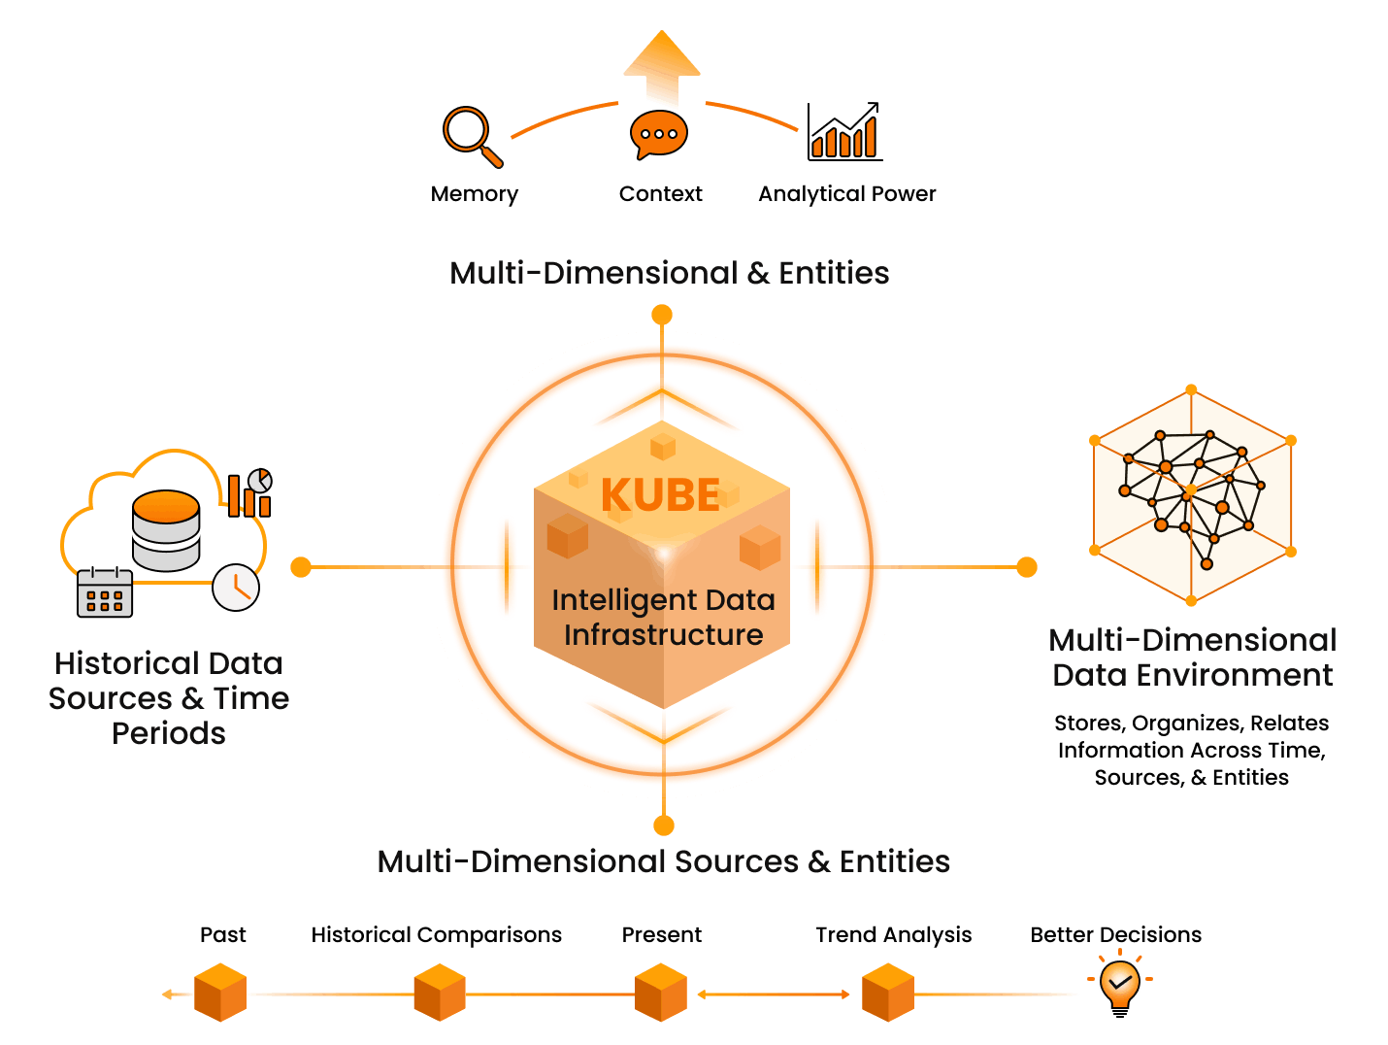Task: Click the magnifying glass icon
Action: tap(470, 133)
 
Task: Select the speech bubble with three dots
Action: tap(659, 134)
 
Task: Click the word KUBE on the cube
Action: tap(660, 495)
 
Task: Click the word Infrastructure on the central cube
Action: tap(664, 635)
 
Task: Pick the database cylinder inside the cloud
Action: tap(166, 529)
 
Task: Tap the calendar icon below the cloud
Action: tap(105, 592)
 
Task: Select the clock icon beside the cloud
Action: tap(236, 587)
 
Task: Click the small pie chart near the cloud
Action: tap(260, 481)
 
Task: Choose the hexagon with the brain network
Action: tap(1192, 495)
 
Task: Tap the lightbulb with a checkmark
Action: tap(1120, 981)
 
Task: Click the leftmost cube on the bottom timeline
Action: tap(220, 993)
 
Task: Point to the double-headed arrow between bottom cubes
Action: tap(774, 994)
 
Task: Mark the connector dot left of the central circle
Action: tap(301, 567)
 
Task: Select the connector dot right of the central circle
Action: tap(1027, 567)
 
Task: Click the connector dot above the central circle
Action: tap(662, 315)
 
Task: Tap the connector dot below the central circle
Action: tap(664, 826)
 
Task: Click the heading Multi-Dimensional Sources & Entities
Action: tap(664, 861)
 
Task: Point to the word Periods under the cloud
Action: tap(169, 733)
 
